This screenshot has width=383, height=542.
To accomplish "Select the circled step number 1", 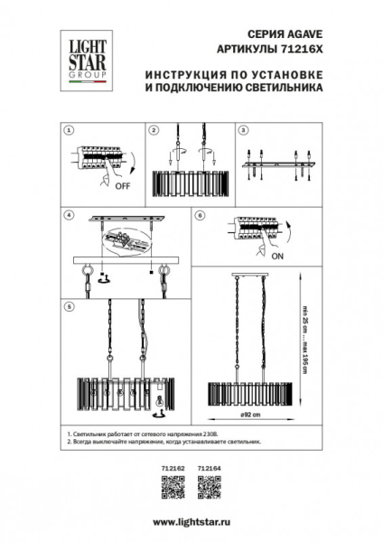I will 69,130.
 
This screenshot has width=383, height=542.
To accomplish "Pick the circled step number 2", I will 154,130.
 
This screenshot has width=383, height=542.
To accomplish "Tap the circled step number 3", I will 241,130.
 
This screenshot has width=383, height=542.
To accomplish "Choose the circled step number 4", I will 69,217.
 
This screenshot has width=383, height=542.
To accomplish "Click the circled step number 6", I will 201,217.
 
